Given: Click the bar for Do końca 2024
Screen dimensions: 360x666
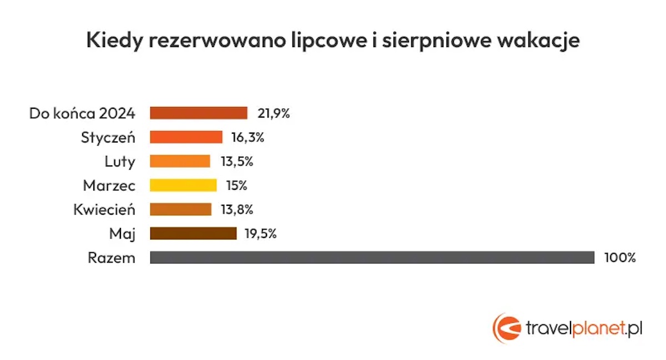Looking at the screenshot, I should (x=199, y=113).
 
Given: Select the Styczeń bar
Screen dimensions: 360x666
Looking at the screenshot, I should (x=186, y=137).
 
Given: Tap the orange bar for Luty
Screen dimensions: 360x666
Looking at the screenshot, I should (x=180, y=161).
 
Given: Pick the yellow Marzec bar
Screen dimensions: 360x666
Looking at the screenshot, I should (x=183, y=185).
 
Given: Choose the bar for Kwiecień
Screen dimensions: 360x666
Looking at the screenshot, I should (x=181, y=209).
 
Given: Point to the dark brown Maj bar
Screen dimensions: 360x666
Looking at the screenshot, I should (x=193, y=234).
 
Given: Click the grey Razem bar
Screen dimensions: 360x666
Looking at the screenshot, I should (x=372, y=257).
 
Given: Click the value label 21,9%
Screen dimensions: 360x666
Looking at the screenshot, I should (x=274, y=113).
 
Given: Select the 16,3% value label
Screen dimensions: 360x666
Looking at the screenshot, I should (x=248, y=138).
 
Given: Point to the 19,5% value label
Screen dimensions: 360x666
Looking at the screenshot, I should (x=260, y=234).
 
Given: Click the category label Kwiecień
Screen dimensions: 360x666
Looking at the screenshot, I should (x=104, y=210).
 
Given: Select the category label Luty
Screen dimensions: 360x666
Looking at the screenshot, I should (x=120, y=161).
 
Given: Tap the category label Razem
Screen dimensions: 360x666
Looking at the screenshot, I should (x=112, y=258).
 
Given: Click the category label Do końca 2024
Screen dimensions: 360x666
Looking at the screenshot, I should (x=82, y=114).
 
